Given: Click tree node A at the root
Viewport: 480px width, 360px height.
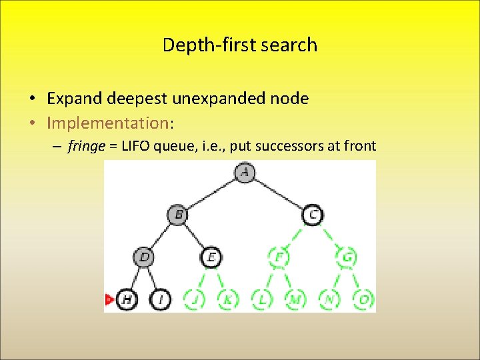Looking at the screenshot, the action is [245, 173].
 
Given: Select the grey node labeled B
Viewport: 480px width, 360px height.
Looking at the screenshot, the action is [178, 215].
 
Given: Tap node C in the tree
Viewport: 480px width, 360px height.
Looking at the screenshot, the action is [313, 215].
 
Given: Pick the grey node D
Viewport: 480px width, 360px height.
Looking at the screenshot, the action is [144, 257].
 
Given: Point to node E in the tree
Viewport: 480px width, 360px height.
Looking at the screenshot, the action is [211, 257].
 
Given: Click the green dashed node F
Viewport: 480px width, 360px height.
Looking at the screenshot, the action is [279, 257].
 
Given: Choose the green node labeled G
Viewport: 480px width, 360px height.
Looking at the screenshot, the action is [347, 257].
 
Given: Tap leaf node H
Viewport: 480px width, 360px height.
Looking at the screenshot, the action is [127, 299].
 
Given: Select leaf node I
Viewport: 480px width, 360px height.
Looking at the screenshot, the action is [161, 299].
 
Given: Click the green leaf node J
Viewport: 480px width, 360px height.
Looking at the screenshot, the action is [194, 299].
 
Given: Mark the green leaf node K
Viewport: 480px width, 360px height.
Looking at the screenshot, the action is [228, 299].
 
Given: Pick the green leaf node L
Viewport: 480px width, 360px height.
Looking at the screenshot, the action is [262, 299].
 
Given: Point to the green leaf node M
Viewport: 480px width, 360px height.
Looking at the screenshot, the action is [296, 299].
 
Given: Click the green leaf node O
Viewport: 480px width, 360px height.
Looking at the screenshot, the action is [364, 299].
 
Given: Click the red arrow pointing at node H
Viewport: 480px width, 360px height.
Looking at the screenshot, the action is [109, 299].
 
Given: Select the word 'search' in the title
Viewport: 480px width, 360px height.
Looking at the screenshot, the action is [289, 45].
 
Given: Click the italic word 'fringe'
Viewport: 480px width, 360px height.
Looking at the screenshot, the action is [86, 146].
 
